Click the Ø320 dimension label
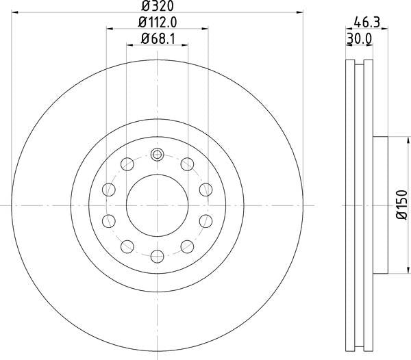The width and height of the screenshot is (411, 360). pos(158,6)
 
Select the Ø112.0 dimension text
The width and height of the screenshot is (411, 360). pos(158,23)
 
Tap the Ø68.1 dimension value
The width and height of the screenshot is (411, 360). pos(158,39)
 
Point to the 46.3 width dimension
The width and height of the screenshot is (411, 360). pos(366,23)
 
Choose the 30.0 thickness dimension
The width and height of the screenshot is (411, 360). pos(359,39)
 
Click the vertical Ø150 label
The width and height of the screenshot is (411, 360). pos(402,205)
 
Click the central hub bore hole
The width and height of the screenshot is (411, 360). pos(158,205)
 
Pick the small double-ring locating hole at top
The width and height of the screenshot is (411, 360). pos(158,155)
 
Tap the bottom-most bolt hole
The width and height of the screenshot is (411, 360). pos(158,256)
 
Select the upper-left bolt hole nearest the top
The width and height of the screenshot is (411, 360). pos(127,164)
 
